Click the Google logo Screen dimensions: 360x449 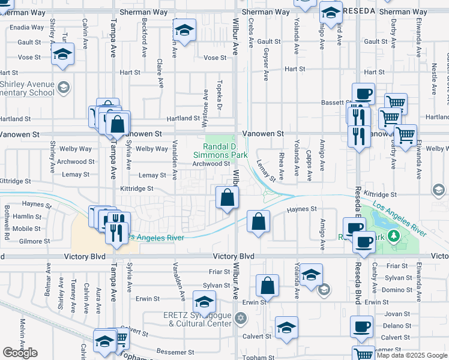pyautogui.click(x=20, y=353)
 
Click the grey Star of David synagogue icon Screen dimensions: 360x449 pyautogui.click(x=241, y=317)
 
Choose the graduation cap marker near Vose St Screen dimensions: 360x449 pyautogui.click(x=62, y=55)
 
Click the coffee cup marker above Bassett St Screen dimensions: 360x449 pyautogui.click(x=363, y=94)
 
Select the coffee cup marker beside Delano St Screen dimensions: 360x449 pyautogui.click(x=361, y=327)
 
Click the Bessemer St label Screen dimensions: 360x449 pyautogui.click(x=173, y=351)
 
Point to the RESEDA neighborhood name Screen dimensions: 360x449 pyautogui.click(x=360, y=11)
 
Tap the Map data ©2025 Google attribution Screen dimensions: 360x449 pyautogui.click(x=412, y=355)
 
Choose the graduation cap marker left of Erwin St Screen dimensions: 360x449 pyautogui.click(x=204, y=302)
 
